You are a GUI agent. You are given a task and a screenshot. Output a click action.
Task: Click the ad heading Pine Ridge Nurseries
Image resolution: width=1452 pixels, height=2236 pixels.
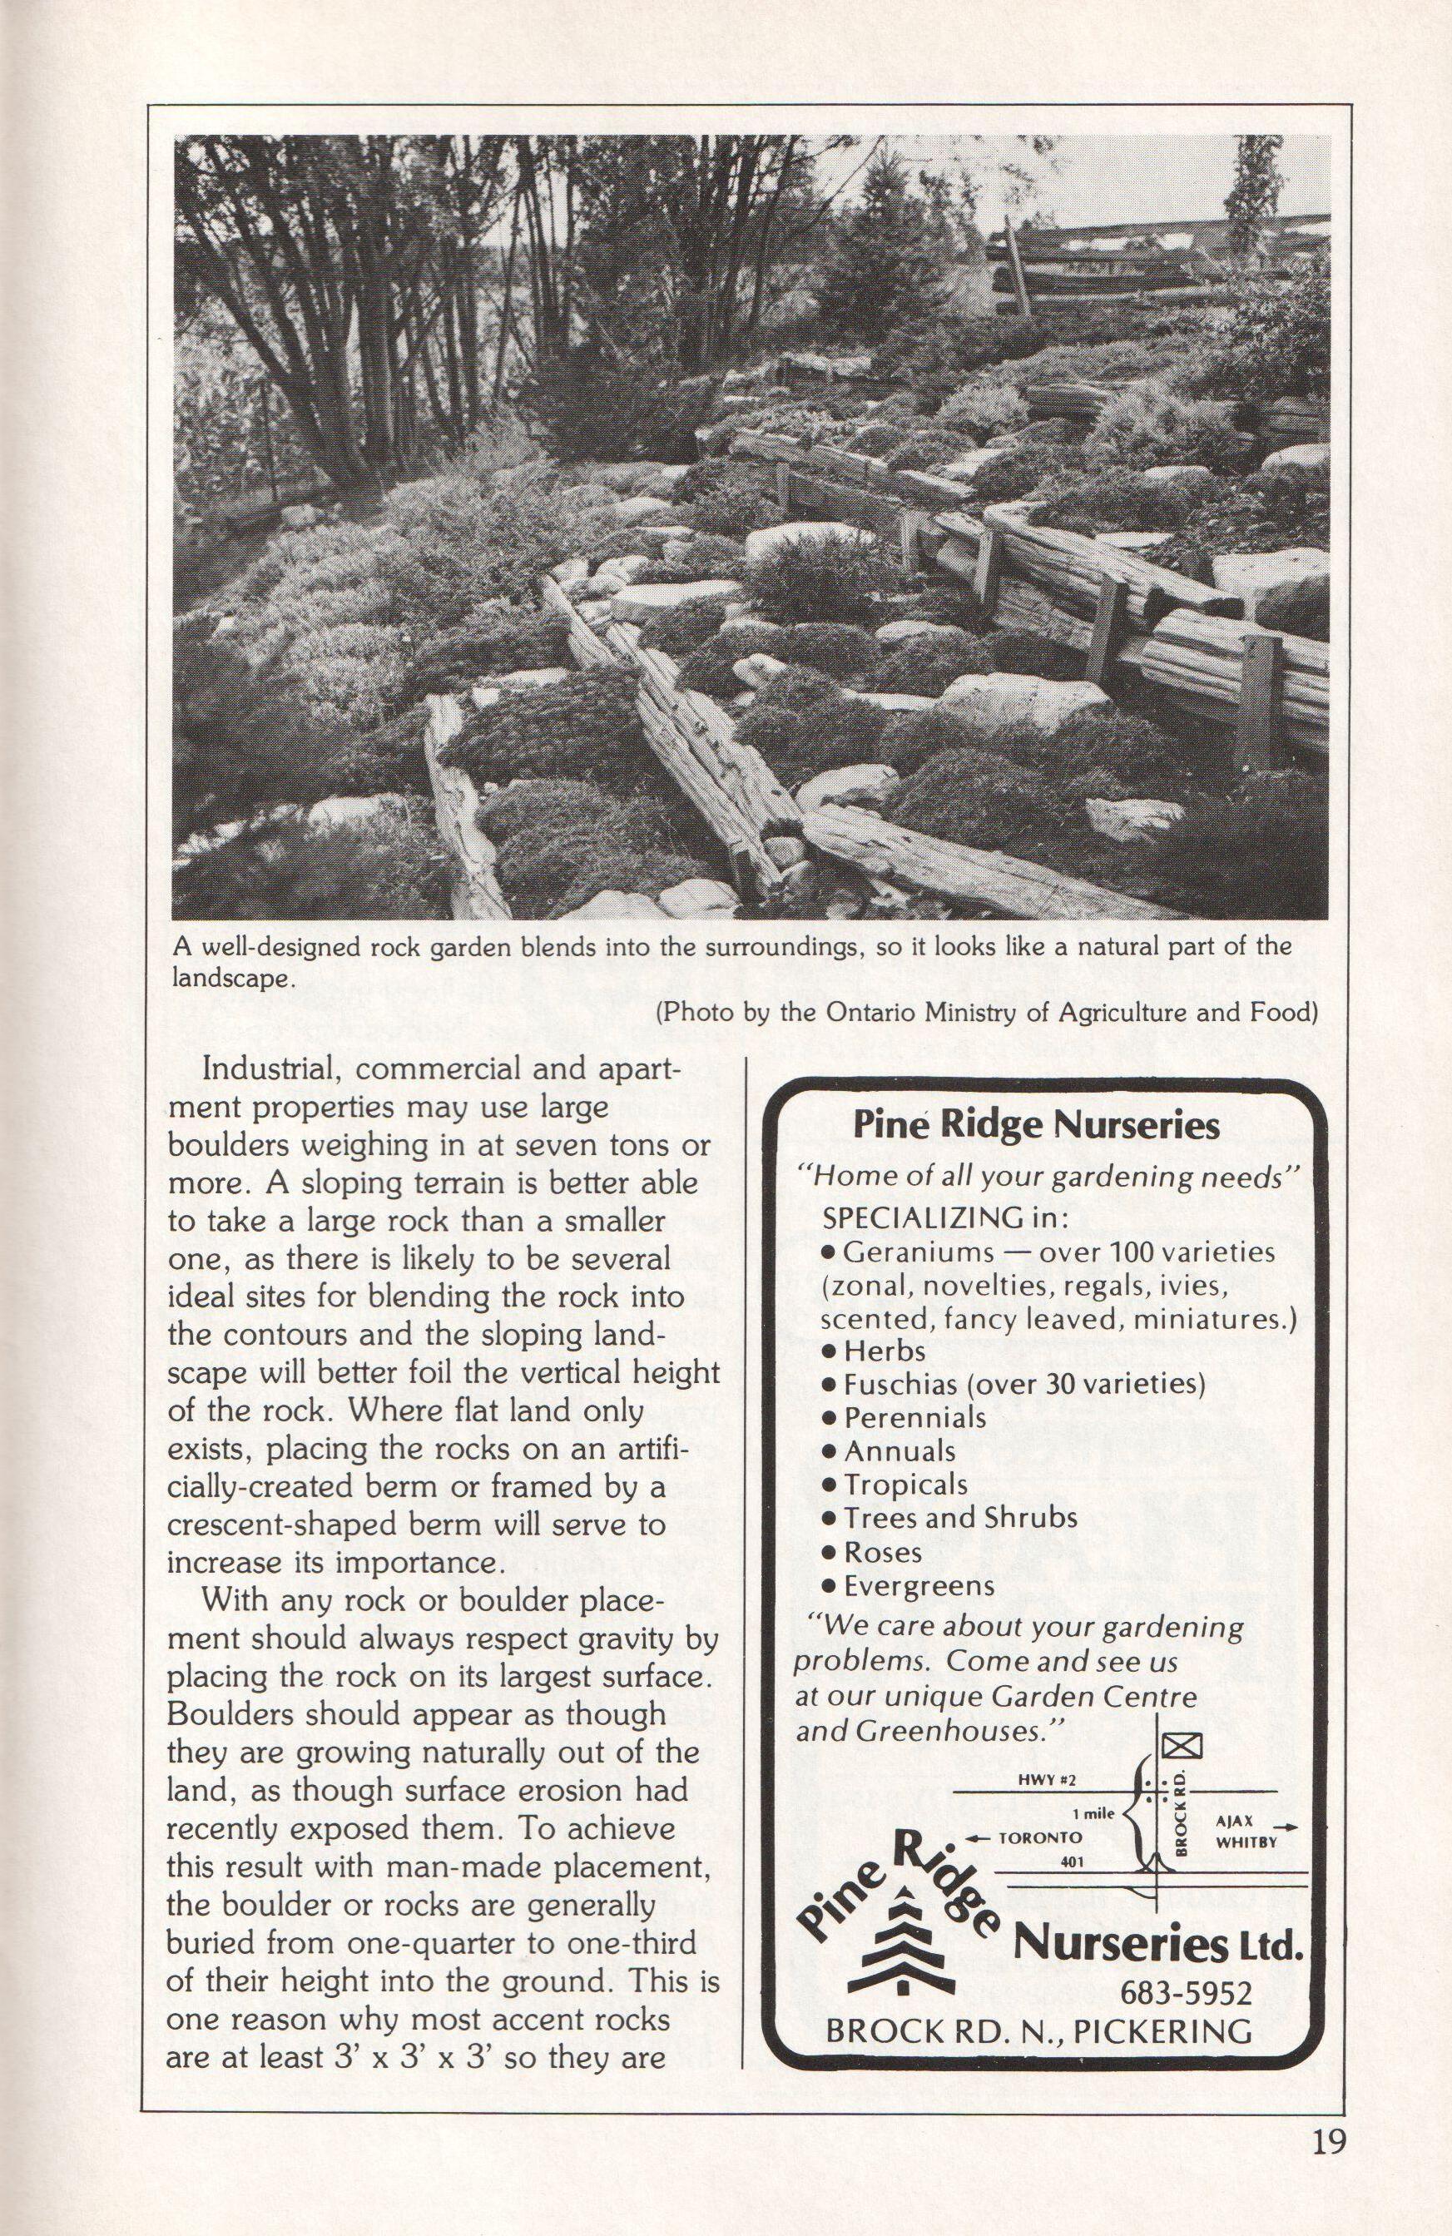point(1036,1124)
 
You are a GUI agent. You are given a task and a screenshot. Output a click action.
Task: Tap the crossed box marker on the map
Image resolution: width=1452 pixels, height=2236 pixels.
point(1176,1747)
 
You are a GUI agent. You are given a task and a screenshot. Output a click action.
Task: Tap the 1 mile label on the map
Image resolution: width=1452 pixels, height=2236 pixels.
point(1093,1814)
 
